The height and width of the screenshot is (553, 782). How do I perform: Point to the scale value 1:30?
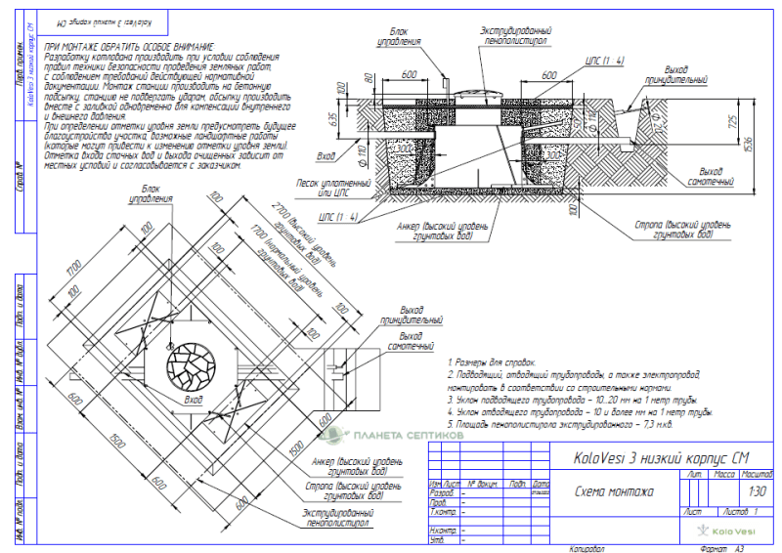coord(756,491)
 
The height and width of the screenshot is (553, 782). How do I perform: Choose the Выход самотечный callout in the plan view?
coord(411,342)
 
